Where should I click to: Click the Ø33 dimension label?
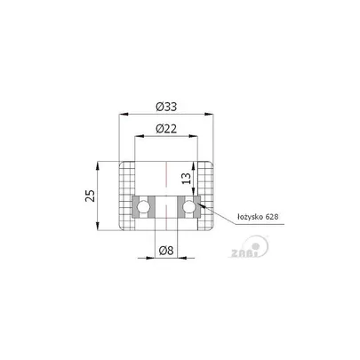[x=166, y=107]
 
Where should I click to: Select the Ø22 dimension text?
[x=166, y=129]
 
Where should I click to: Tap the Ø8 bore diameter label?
[x=166, y=251]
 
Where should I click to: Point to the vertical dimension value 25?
[x=91, y=196]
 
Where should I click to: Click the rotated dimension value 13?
[x=187, y=179]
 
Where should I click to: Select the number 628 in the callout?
[x=272, y=217]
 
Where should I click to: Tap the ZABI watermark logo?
[x=250, y=247]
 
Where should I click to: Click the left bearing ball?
[x=143, y=207]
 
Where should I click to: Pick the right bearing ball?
[x=188, y=207]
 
